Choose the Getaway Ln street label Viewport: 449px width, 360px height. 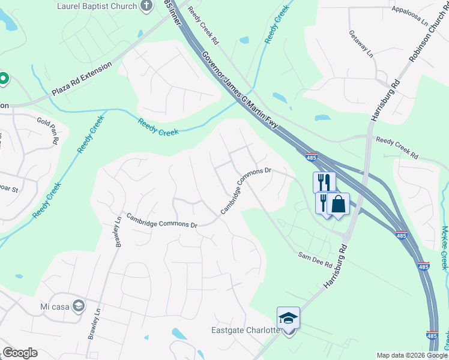[x=361, y=43]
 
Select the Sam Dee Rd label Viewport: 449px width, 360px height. [x=316, y=259]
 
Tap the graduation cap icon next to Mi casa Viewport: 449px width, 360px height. [x=77, y=306]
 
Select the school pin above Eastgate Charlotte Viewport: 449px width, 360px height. [x=288, y=319]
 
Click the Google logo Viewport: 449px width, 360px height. [x=20, y=353]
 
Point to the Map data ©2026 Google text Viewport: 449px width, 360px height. [x=412, y=355]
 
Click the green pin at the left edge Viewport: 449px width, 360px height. [x=3, y=78]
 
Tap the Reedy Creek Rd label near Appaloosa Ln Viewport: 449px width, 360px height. [x=396, y=148]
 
